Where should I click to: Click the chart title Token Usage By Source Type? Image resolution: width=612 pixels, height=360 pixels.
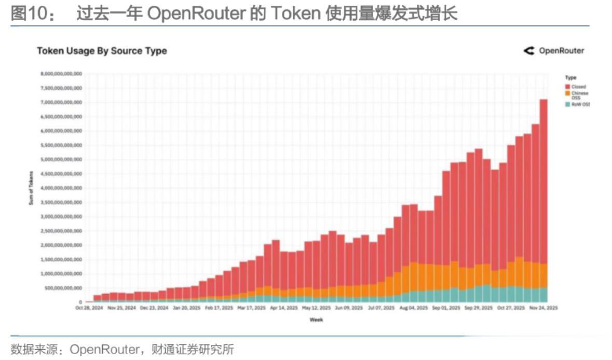pos(102,51)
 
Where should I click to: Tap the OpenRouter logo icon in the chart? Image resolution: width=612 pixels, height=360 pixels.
pos(529,51)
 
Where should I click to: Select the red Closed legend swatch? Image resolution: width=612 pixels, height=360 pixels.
pos(567,87)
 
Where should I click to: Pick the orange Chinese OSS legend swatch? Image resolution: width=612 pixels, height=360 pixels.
pos(567,93)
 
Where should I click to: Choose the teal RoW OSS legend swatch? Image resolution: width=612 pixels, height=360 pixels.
pos(567,104)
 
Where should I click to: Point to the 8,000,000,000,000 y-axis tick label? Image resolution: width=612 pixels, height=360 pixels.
pos(61,74)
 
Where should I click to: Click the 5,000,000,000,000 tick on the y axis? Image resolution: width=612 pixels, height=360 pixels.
pos(61,159)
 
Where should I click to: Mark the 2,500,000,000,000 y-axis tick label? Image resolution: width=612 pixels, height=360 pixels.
pos(61,231)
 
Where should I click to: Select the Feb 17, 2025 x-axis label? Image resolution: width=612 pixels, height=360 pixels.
pos(219,308)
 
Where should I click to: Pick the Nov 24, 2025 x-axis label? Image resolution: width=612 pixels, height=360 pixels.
pos(543,308)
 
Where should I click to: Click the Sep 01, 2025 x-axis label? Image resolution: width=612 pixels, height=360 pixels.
pos(445,308)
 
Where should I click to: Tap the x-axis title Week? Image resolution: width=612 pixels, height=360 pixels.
pos(316,320)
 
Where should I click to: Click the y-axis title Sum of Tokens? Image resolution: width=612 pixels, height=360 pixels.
pos(31,188)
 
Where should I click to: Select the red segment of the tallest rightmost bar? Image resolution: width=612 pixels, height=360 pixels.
pos(543,182)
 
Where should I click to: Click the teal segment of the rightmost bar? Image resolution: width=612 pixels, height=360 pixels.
pos(543,295)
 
